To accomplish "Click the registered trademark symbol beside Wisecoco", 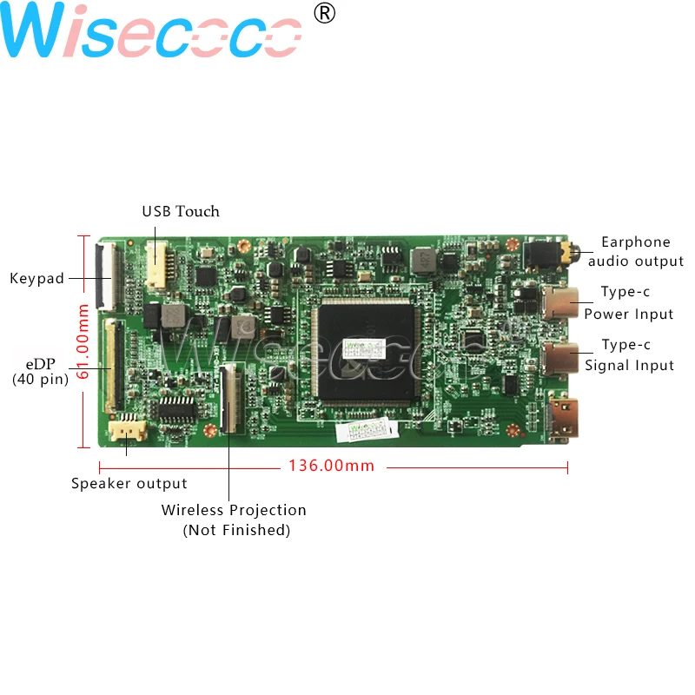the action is (x=323, y=14).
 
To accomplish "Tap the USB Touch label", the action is (x=181, y=211).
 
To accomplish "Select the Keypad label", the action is (x=37, y=279).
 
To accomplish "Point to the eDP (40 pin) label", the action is (x=40, y=370).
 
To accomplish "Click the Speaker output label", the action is (x=129, y=484).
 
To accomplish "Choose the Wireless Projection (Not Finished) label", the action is (x=235, y=520).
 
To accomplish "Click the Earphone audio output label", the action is (x=636, y=251).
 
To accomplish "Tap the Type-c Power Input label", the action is (x=628, y=303).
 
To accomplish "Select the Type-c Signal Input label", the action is (x=629, y=355).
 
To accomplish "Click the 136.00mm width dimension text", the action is (x=331, y=467).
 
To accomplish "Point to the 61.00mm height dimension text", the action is (x=83, y=340).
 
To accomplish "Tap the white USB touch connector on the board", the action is (x=156, y=265).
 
